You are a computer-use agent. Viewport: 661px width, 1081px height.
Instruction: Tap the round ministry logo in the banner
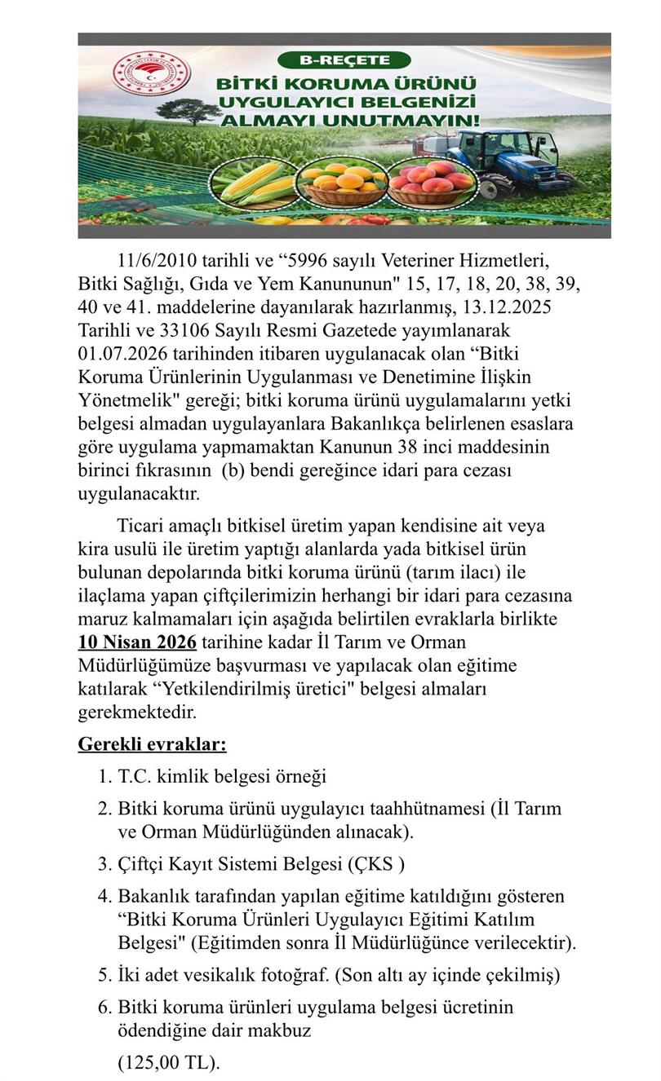[x=151, y=76]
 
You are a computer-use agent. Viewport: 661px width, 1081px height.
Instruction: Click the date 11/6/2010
[x=157, y=261]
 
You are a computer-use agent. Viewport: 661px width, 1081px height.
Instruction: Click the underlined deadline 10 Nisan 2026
[x=137, y=642]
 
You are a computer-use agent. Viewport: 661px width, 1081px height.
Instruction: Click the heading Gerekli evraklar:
[x=153, y=743]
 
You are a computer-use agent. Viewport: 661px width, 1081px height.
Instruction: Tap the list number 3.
[x=104, y=864]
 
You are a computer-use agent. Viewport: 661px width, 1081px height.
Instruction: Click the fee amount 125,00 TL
[x=168, y=1063]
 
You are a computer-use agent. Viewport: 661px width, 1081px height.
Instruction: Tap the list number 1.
[x=104, y=777]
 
